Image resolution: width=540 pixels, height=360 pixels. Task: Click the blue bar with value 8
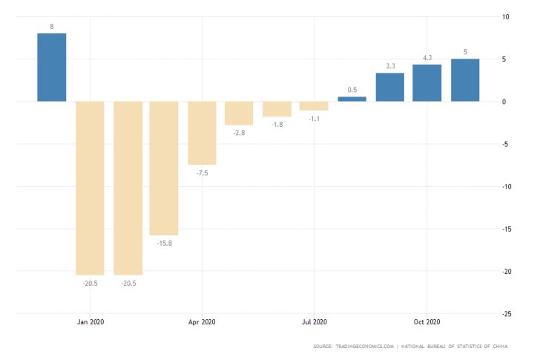click(52, 68)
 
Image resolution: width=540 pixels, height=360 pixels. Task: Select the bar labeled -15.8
click(164, 168)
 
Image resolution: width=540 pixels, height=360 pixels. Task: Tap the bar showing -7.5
click(202, 133)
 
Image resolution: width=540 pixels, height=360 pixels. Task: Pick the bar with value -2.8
click(239, 113)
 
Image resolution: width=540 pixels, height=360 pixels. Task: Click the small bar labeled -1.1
click(314, 105)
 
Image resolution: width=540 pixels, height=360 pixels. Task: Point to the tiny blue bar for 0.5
click(352, 99)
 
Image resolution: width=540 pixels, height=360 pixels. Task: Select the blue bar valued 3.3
click(389, 87)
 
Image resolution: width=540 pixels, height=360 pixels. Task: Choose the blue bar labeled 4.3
click(427, 83)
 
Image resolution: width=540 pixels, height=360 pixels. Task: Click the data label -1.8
click(277, 124)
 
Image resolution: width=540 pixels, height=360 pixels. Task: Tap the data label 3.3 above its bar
click(389, 67)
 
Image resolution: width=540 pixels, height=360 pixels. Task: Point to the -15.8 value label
click(164, 242)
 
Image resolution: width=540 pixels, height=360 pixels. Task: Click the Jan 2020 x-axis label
click(90, 321)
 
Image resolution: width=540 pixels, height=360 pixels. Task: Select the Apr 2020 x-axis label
click(202, 321)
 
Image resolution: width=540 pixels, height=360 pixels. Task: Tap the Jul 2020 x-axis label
click(314, 321)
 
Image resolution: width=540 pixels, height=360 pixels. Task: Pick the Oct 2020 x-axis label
click(427, 321)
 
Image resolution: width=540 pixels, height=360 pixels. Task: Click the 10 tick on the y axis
click(506, 16)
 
